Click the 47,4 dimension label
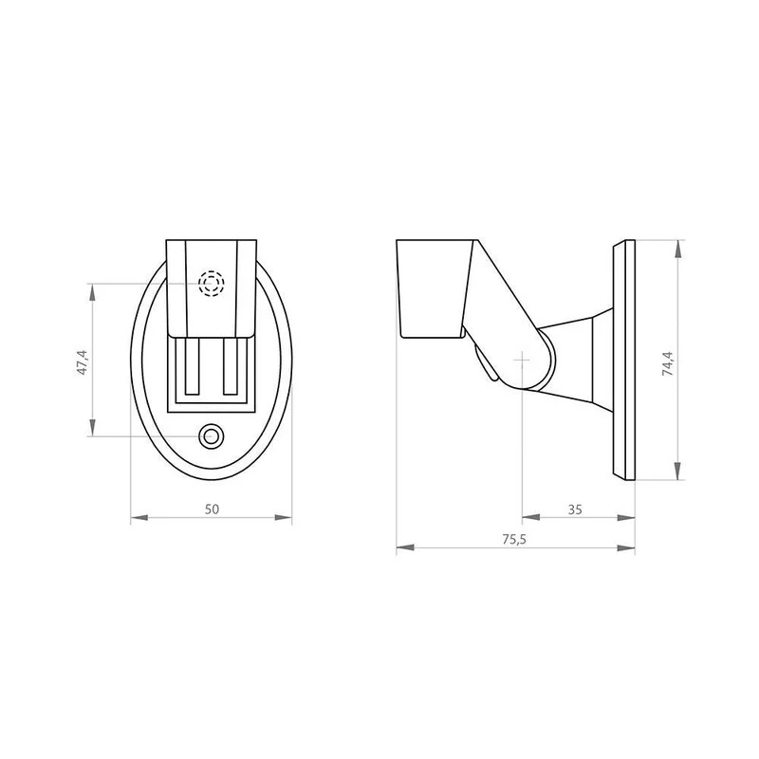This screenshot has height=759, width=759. pyautogui.click(x=83, y=362)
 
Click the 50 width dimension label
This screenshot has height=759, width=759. pyautogui.click(x=212, y=509)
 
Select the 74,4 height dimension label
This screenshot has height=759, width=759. pyautogui.click(x=668, y=363)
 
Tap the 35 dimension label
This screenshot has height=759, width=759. pyautogui.click(x=575, y=509)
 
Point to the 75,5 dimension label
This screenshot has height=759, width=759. pyautogui.click(x=514, y=539)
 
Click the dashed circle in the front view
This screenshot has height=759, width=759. pyautogui.click(x=212, y=283)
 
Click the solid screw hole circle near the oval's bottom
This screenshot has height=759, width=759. pyautogui.click(x=212, y=436)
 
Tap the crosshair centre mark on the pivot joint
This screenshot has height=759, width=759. pyautogui.click(x=522, y=360)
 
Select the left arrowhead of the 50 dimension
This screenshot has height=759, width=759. pyautogui.click(x=139, y=517)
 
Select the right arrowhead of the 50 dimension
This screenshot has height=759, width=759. pyautogui.click(x=283, y=517)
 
